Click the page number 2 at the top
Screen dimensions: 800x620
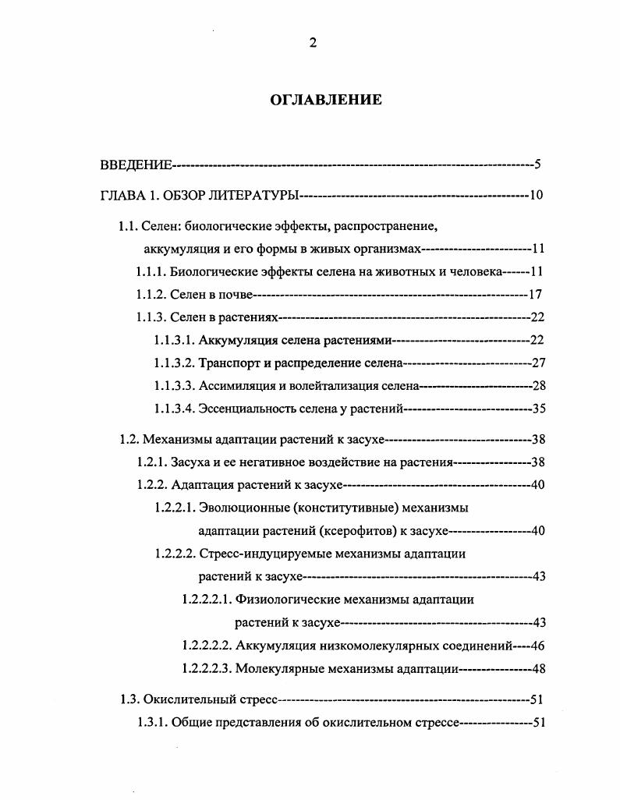[313, 44]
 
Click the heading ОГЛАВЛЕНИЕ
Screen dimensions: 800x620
[326, 100]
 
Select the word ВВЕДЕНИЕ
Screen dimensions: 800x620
[136, 165]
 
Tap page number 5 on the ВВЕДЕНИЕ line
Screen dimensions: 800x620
[537, 165]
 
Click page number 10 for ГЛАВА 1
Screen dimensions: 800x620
[536, 194]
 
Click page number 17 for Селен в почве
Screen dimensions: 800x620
[535, 295]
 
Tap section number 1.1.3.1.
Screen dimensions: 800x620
[174, 340]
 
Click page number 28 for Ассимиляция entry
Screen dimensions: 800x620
[537, 385]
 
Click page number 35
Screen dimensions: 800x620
[537, 408]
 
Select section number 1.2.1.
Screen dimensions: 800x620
[151, 462]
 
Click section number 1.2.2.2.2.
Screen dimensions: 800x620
[207, 646]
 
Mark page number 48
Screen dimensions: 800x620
[537, 668]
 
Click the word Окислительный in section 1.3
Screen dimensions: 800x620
[182, 699]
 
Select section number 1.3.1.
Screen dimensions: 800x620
[151, 722]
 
